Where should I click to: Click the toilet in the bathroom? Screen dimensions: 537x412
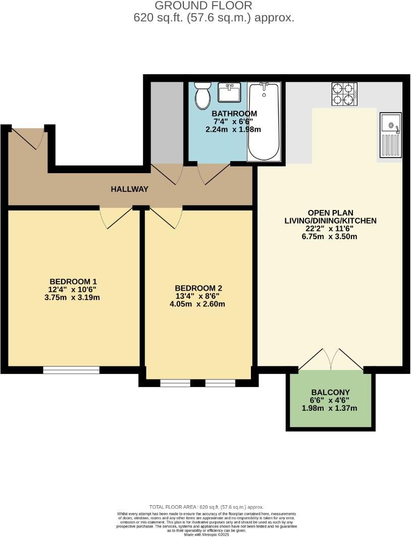pyautogui.click(x=203, y=95)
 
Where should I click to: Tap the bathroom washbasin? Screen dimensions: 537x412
pyautogui.click(x=230, y=93)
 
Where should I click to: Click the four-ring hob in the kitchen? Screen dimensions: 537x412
pyautogui.click(x=344, y=94)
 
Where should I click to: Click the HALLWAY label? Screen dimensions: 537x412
pyautogui.click(x=130, y=189)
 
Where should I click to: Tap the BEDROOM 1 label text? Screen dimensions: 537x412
pyautogui.click(x=73, y=281)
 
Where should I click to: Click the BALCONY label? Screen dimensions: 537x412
pyautogui.click(x=330, y=392)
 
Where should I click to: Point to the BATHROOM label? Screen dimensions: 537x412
pyautogui.click(x=227, y=114)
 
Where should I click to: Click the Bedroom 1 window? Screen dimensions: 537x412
pyautogui.click(x=71, y=370)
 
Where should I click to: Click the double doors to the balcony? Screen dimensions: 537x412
pyautogui.click(x=330, y=360)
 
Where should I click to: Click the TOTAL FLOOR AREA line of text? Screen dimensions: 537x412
pyautogui.click(x=206, y=507)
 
